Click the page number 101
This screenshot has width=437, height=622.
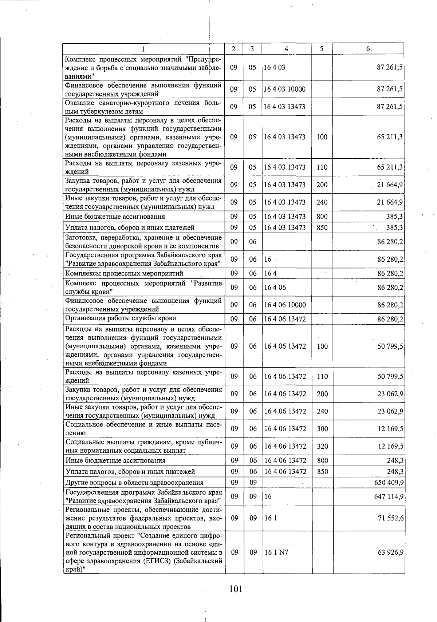(236, 589)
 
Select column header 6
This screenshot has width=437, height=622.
(368, 49)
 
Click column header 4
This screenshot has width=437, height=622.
(286, 49)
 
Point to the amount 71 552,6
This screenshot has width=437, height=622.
(390, 518)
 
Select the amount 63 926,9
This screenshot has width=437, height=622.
(390, 552)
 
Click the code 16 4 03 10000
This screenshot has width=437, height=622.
(284, 89)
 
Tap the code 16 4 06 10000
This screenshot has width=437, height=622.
(285, 305)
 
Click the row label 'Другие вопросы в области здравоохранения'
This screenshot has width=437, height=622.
(134, 483)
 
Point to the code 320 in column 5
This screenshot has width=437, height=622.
(322, 446)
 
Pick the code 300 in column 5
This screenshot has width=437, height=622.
(322, 429)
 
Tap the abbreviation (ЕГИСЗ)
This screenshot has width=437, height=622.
(155, 561)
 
